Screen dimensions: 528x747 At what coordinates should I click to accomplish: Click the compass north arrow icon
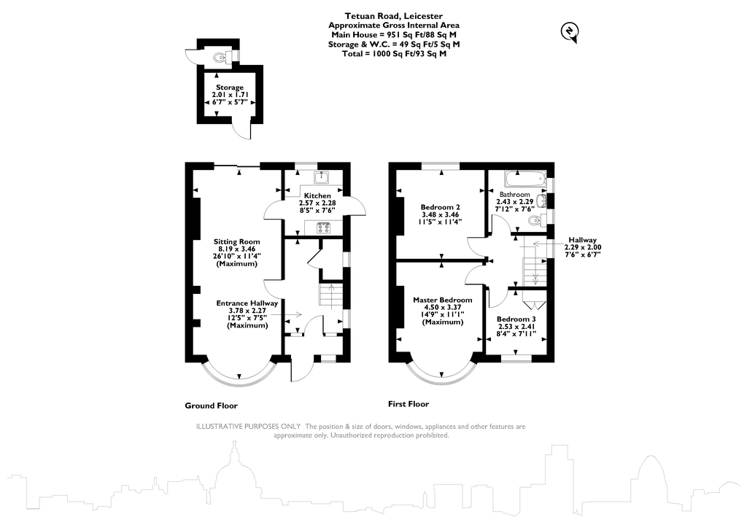pyautogui.click(x=569, y=30)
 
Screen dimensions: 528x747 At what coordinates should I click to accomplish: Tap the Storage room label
pyautogui.click(x=229, y=88)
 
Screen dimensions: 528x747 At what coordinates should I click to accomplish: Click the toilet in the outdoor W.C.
pyautogui.click(x=219, y=55)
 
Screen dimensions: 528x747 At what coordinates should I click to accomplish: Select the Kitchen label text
pyautogui.click(x=317, y=195)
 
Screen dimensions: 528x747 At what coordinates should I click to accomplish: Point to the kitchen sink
pyautogui.click(x=321, y=177)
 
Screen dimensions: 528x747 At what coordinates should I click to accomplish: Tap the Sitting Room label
pyautogui.click(x=236, y=241)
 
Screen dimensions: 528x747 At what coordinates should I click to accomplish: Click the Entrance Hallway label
pyautogui.click(x=247, y=303)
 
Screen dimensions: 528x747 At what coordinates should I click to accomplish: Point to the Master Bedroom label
pyautogui.click(x=442, y=300)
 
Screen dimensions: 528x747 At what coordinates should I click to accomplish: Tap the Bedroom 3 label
pyautogui.click(x=516, y=319)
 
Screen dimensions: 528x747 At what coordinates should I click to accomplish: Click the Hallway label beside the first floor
pyautogui.click(x=583, y=240)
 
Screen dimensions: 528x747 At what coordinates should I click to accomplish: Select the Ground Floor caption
pyautogui.click(x=212, y=405)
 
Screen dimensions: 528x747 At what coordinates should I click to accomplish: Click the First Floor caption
pyautogui.click(x=409, y=404)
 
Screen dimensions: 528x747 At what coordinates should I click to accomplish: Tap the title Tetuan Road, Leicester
pyautogui.click(x=393, y=15)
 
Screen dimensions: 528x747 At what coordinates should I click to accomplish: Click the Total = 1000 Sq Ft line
pyautogui.click(x=394, y=53)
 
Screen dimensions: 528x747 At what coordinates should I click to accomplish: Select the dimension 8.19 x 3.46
pyautogui.click(x=236, y=249)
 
